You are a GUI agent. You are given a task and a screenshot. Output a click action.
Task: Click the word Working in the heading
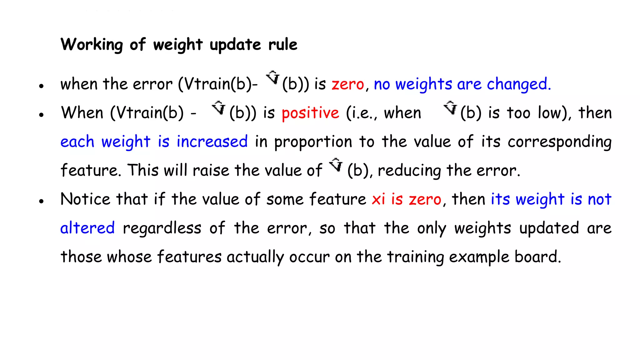[92, 45]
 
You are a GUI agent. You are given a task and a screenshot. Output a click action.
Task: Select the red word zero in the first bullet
[348, 84]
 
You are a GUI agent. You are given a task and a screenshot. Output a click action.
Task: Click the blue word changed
[518, 84]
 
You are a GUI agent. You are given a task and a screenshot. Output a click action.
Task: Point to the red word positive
[310, 113]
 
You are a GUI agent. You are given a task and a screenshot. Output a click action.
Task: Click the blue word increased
[212, 142]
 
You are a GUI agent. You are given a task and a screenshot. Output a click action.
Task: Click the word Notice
[85, 199]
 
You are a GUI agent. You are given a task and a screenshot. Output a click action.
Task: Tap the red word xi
[378, 199]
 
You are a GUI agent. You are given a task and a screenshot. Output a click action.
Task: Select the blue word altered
[87, 228]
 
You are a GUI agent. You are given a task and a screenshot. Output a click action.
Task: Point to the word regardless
[162, 228]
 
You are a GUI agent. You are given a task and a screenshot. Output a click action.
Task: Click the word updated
[549, 228]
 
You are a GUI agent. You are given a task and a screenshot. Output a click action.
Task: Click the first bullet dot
[41, 86]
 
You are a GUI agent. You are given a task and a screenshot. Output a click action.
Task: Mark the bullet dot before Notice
[41, 201]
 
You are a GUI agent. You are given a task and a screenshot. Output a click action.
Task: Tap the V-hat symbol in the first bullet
[273, 77]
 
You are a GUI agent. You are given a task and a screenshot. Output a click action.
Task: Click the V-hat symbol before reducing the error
[336, 165]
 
